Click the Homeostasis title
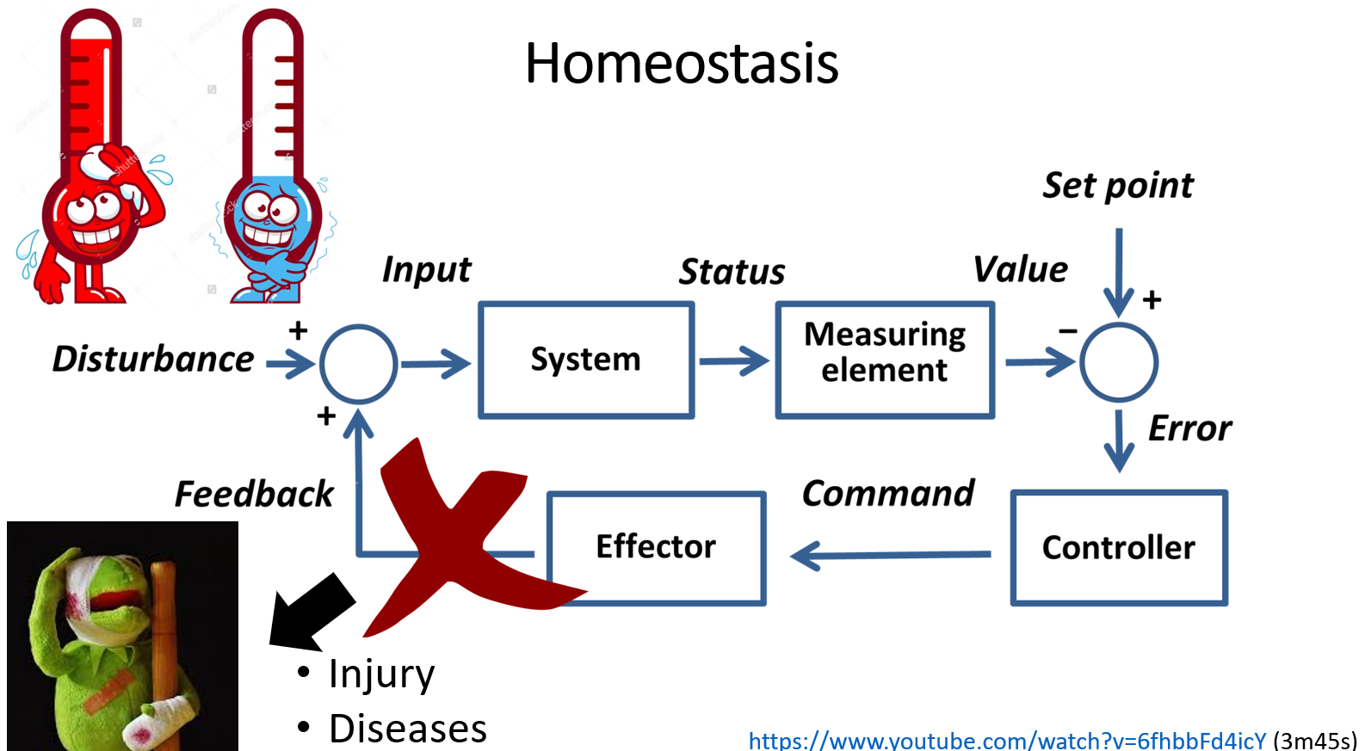click(682, 64)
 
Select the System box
click(586, 360)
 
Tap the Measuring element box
click(885, 360)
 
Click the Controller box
click(1118, 548)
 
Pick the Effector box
click(656, 548)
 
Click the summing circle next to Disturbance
click(358, 364)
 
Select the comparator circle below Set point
click(1118, 362)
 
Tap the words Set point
click(1118, 186)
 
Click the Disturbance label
click(153, 360)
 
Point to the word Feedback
click(254, 495)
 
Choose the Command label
click(887, 494)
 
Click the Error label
click(1189, 428)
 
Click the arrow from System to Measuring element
click(734, 361)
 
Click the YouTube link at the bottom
click(1007, 740)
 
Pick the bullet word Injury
click(381, 674)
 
